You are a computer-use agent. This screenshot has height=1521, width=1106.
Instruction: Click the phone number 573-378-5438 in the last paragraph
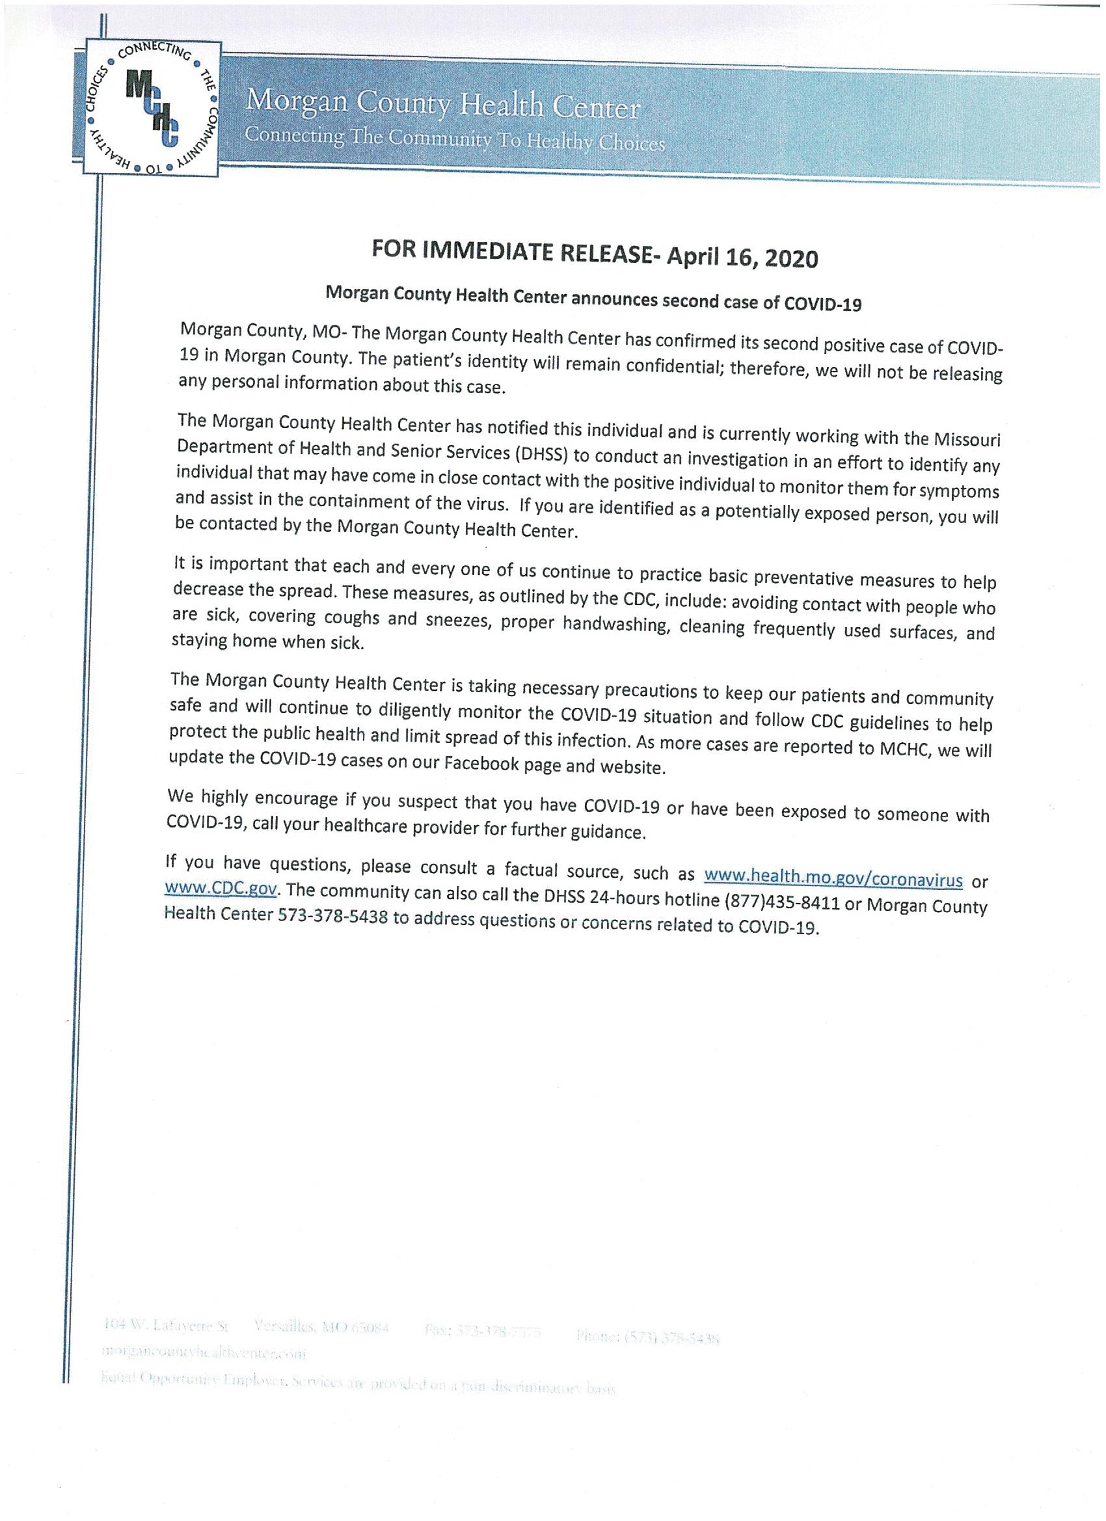point(332,915)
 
